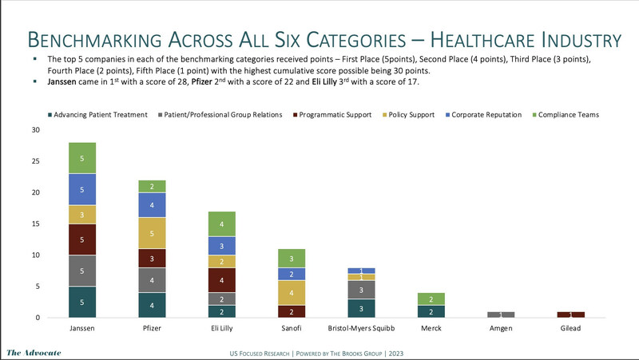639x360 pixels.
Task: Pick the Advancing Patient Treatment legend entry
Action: click(103, 115)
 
